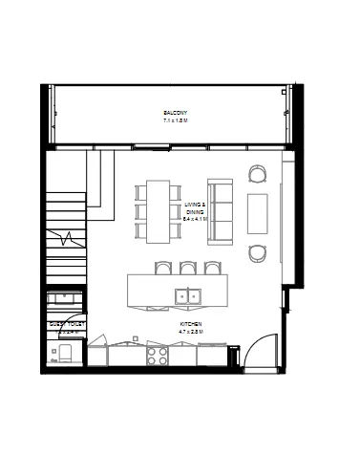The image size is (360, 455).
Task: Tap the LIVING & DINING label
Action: coord(195,207)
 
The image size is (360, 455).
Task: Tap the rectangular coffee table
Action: coord(258,213)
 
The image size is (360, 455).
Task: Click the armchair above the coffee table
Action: coord(258,174)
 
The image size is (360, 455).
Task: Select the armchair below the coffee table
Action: coord(258,253)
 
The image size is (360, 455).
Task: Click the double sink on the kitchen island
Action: coord(187,295)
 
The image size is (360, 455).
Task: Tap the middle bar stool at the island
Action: coord(187,269)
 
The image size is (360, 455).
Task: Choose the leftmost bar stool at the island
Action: coord(162,269)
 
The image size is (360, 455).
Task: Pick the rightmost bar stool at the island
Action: coord(212,269)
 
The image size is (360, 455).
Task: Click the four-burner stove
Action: coord(158,356)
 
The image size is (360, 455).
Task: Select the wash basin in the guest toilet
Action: coord(64,298)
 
